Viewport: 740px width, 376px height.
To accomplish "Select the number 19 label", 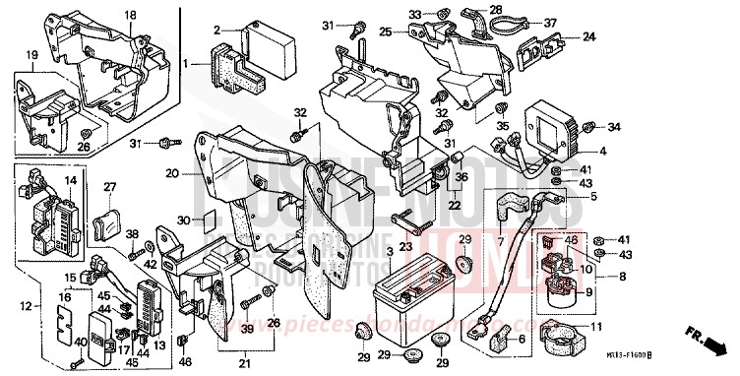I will [32, 55].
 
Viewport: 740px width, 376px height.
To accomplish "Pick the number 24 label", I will [589, 37].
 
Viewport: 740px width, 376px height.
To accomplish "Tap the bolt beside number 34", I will [589, 126].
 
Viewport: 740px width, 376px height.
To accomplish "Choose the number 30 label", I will [183, 219].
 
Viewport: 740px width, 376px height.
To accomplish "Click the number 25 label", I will [386, 32].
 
